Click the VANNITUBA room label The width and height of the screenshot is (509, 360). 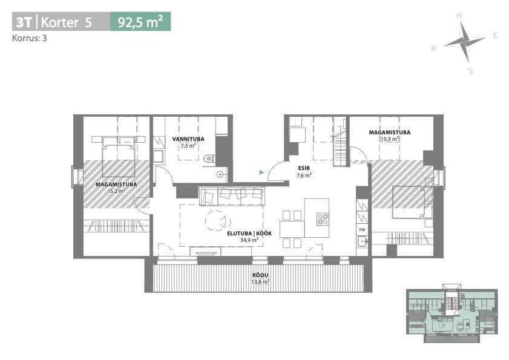point(188,139)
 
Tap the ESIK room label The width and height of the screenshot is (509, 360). point(304,168)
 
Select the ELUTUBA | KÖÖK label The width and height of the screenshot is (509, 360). point(249,234)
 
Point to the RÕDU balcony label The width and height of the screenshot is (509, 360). point(260,275)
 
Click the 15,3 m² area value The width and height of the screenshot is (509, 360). point(390,139)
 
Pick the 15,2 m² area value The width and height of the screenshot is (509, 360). point(116,191)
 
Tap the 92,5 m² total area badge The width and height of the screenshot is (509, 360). point(140,22)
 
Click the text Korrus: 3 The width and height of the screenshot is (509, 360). point(29,38)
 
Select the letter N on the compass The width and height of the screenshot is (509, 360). point(459,16)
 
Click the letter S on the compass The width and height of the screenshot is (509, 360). point(471,71)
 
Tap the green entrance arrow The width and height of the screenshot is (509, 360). point(261,172)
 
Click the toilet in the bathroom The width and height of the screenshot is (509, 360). point(208,159)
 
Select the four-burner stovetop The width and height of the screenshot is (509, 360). point(323,219)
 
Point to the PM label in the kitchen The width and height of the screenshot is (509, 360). point(363,229)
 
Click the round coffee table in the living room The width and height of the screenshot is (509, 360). point(216,221)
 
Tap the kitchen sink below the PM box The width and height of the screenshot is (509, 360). point(363,241)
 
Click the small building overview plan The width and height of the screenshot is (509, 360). point(452,313)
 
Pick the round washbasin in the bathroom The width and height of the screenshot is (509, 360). point(221,174)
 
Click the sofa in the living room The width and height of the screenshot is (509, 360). point(231,196)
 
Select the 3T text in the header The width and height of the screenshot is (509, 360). point(24,22)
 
